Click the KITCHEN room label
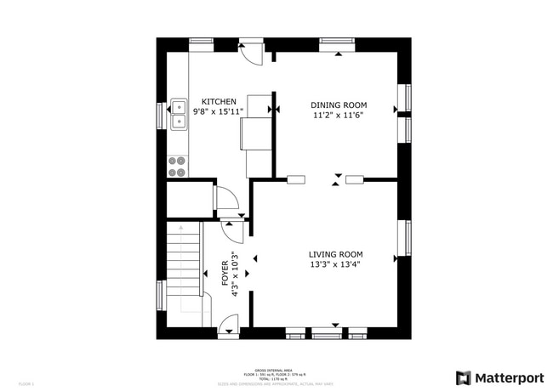click(x=219, y=101)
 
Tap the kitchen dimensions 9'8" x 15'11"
click(x=219, y=111)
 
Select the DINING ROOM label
click(x=338, y=105)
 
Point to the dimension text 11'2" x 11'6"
click(x=338, y=115)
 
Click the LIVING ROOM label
click(x=335, y=254)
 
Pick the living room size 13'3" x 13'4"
click(x=335, y=264)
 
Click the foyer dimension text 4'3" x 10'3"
click(x=236, y=274)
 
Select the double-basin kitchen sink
click(x=179, y=115)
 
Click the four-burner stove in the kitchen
click(x=178, y=166)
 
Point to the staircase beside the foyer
click(x=184, y=263)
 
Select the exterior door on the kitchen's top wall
click(x=252, y=51)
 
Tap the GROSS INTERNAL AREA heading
click(x=276, y=370)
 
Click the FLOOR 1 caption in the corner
click(x=26, y=384)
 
